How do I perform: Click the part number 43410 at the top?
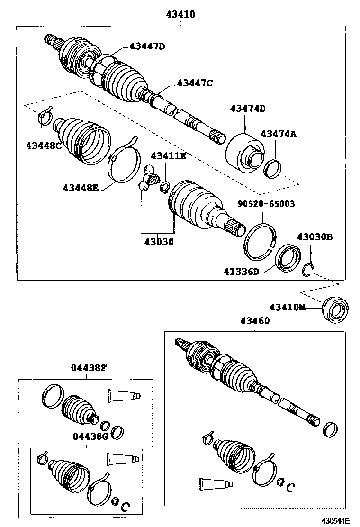[x=180, y=15]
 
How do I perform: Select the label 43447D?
[x=148, y=46]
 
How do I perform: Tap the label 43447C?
[x=195, y=83]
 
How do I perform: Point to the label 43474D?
[x=248, y=109]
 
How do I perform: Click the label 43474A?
[x=279, y=134]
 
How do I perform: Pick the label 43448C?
[x=44, y=145]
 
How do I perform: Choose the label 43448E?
[x=81, y=187]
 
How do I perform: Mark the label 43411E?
[x=169, y=156]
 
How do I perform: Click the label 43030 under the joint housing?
[x=159, y=242]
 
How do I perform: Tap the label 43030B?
[x=315, y=237]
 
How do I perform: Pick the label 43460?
[x=254, y=321]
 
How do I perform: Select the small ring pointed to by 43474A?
[x=272, y=168]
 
